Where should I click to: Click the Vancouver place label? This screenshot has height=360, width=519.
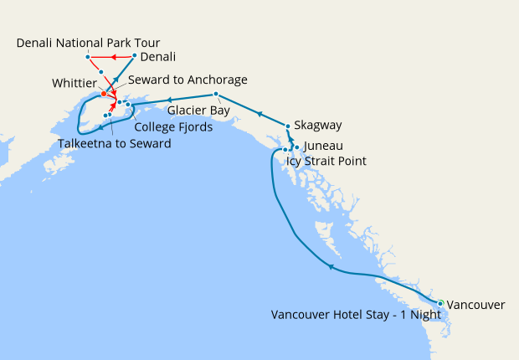tap(476, 305)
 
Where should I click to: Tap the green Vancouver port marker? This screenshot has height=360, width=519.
tap(441, 303)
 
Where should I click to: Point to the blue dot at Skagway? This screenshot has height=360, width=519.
tap(288, 126)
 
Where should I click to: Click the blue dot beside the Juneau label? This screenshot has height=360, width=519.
tap(297, 147)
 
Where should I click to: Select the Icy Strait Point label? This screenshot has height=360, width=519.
tap(326, 160)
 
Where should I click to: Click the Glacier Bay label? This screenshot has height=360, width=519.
tap(198, 110)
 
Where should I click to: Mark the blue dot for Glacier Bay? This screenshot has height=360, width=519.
tap(216, 94)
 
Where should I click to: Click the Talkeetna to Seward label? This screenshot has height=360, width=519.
tap(115, 144)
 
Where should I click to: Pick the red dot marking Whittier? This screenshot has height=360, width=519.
tap(104, 94)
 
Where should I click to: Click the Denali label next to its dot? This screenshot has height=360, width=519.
tap(158, 57)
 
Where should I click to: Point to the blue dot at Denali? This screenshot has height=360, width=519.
tap(135, 57)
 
